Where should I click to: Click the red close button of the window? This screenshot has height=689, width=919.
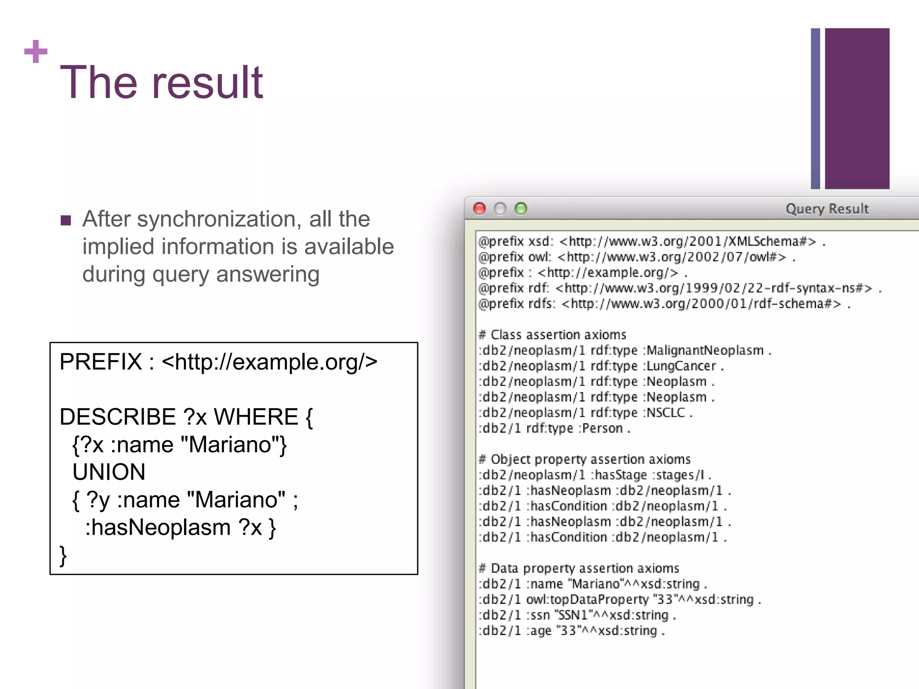pos(479,209)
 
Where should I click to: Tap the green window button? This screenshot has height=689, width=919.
pos(521,209)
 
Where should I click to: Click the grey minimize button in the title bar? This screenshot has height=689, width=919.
pos(500,209)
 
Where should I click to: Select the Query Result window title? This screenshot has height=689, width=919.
pos(827,209)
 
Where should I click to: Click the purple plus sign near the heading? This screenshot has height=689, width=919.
pos(35,52)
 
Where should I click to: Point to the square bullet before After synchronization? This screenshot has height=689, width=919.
pos(66,220)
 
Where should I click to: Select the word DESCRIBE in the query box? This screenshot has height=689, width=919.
pos(118,417)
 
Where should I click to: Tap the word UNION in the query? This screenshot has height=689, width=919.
pos(109,472)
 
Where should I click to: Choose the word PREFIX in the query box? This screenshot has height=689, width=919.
pos(101,362)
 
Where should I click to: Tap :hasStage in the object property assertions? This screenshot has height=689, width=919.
pos(618,475)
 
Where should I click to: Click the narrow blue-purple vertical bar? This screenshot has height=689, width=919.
pos(815,109)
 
